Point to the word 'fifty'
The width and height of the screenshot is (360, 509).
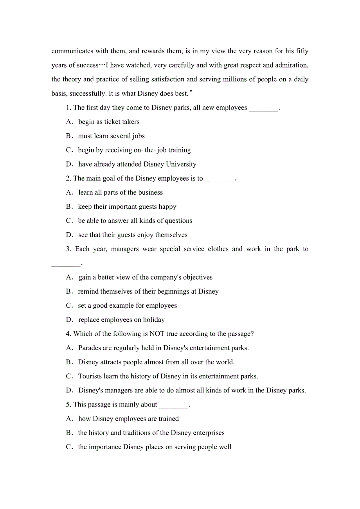302,51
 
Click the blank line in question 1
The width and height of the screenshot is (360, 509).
263,108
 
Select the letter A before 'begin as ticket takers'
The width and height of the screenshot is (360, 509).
69,122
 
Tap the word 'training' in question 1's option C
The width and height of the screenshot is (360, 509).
180,150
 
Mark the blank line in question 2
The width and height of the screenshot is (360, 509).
219,179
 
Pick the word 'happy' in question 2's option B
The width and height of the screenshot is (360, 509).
167,207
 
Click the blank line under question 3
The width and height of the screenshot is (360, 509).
66,264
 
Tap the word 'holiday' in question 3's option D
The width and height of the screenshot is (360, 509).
154,320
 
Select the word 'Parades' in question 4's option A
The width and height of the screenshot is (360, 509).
90,348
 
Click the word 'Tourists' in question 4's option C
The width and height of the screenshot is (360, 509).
91,376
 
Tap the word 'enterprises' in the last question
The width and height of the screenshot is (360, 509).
206,433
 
